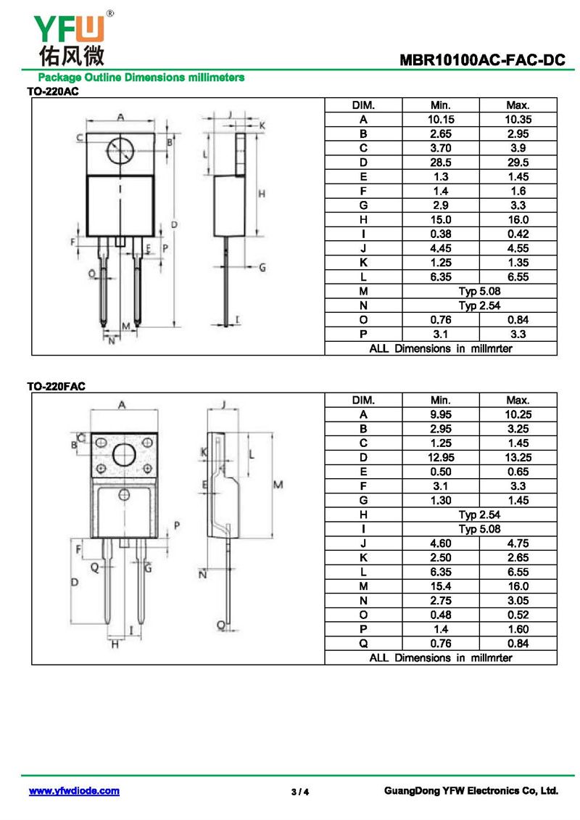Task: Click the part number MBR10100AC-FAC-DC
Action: coord(481,61)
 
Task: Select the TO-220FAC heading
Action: coord(57,387)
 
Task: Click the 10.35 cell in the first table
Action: coord(518,120)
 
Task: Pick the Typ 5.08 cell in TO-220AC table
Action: coord(478,291)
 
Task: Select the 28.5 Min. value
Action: coord(440,163)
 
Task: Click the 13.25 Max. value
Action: coord(518,457)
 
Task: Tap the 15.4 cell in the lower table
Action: coord(440,586)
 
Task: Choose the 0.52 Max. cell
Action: coord(518,615)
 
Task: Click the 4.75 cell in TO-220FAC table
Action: coord(518,544)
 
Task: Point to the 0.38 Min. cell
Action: coord(440,234)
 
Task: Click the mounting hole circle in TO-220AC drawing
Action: coord(120,152)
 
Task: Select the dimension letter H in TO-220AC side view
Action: coord(262,194)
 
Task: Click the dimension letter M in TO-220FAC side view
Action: coord(277,485)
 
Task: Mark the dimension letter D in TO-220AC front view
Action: coord(174,225)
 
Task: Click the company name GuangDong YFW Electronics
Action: coord(471,791)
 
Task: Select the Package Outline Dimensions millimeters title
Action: coord(141,78)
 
